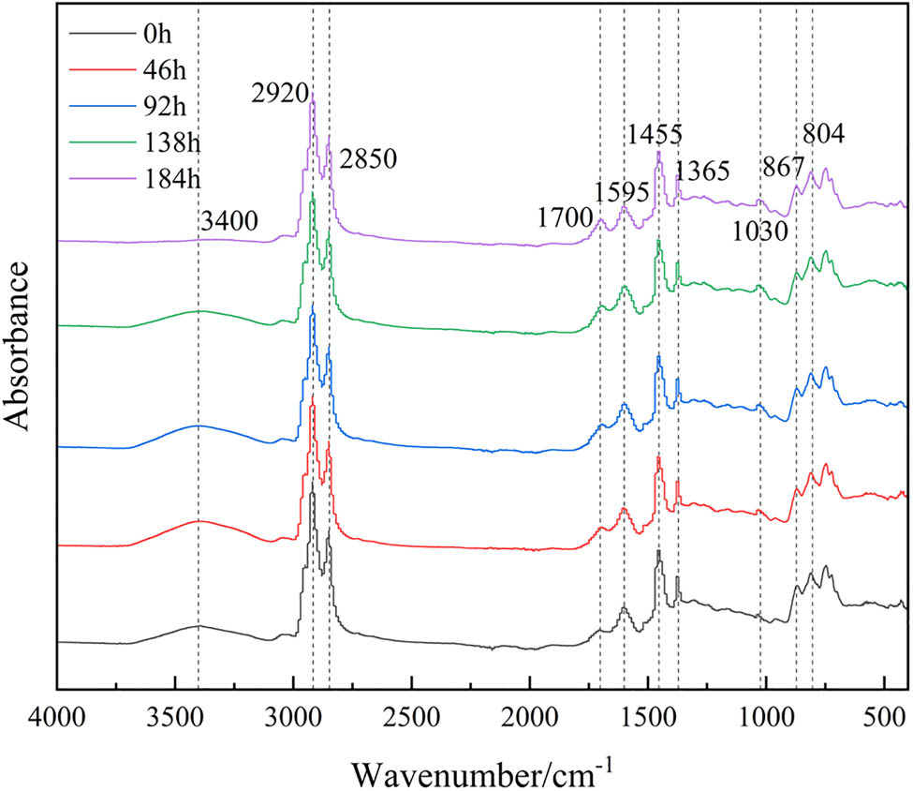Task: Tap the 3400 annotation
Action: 229,222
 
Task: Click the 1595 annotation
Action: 623,192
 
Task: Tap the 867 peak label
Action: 783,169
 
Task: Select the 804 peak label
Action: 821,133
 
